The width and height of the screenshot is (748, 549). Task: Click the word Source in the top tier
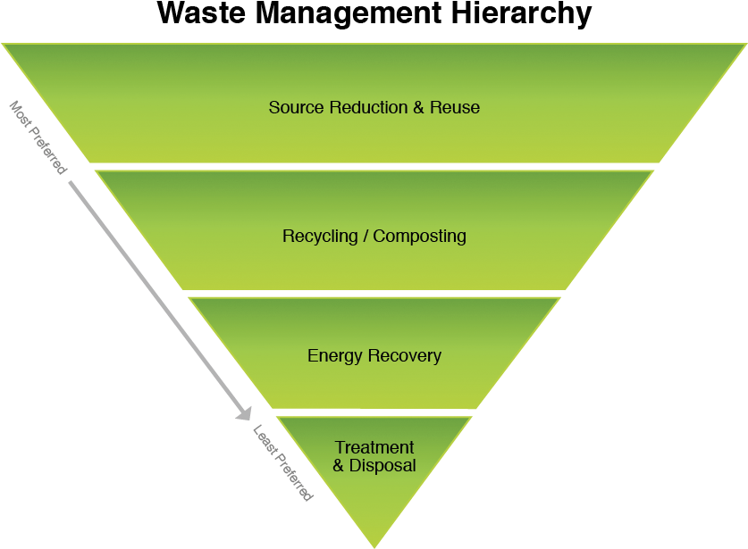(x=296, y=107)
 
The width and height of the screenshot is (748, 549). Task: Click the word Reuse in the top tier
(x=455, y=107)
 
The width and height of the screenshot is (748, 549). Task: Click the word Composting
(x=420, y=237)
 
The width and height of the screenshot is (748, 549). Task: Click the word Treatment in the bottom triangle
(x=374, y=447)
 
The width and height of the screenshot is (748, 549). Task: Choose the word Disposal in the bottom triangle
(x=382, y=466)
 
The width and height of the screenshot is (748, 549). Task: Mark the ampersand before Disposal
(x=339, y=466)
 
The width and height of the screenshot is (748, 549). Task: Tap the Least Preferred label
(x=282, y=462)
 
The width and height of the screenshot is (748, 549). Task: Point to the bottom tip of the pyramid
(x=374, y=545)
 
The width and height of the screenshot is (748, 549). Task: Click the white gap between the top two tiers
(x=374, y=167)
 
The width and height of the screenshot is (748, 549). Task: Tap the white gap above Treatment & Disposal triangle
(x=374, y=413)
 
